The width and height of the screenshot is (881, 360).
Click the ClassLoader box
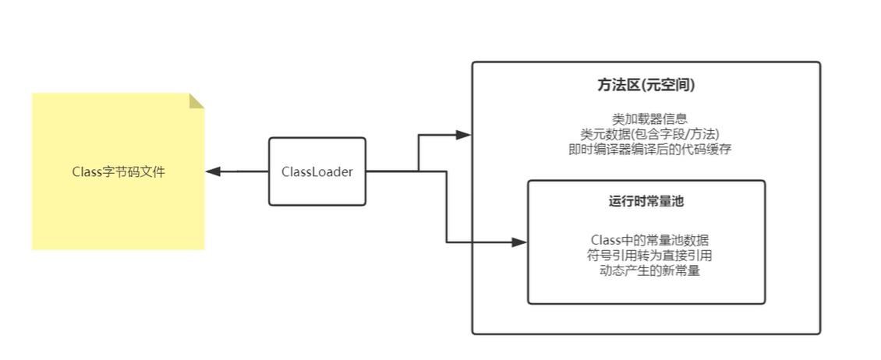coord(317,171)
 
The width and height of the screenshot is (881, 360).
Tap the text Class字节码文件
coord(119,171)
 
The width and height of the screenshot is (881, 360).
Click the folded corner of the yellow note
coord(196,101)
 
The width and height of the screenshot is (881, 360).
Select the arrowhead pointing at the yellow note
coord(212,171)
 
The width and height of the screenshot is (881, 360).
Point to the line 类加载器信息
coord(649,118)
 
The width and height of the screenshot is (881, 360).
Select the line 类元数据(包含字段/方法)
coord(649,134)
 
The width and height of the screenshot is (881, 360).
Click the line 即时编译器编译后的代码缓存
coord(649,150)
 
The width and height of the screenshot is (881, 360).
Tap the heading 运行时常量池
coord(646,201)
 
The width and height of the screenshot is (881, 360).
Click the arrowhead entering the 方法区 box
coord(465,135)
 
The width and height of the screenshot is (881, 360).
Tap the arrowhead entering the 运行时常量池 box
coord(520,242)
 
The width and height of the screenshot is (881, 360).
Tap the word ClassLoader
coord(317,171)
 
